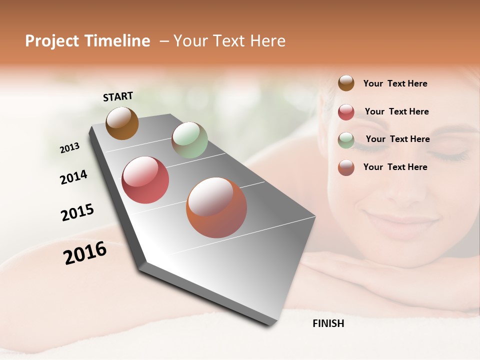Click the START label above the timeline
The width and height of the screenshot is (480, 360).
118,96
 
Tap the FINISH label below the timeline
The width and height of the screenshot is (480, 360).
328,323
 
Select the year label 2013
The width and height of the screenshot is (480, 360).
69,148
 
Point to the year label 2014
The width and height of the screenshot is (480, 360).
73,177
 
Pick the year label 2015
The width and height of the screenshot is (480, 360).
77,212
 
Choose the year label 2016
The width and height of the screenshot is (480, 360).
85,253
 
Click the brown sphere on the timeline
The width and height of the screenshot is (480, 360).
122,123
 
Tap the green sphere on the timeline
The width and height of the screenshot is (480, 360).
189,140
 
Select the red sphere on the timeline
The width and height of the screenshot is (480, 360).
145,180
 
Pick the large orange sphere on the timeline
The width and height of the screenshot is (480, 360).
216,207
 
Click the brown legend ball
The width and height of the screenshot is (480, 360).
346,83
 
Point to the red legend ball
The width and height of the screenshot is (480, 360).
346,112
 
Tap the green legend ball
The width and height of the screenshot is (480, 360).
346,140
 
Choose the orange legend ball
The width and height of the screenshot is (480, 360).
346,167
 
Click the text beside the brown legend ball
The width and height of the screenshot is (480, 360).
395,83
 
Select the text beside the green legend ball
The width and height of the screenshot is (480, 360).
397,139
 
